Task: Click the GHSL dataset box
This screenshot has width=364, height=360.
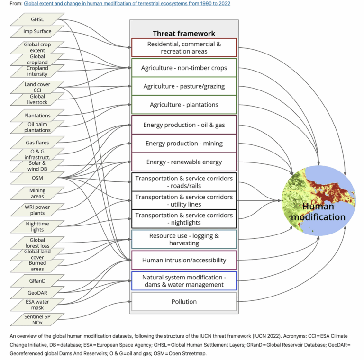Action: (37, 19)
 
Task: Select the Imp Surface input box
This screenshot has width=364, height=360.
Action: (37, 31)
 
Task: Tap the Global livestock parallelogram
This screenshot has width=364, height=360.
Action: (37, 99)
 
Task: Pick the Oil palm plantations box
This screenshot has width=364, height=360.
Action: (37, 127)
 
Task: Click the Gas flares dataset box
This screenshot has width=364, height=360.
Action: (37, 142)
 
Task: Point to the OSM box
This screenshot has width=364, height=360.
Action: (37, 178)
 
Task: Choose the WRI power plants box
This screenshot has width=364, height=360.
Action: (37, 209)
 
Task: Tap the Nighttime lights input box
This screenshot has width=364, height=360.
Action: (37, 226)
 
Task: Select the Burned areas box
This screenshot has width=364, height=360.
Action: (37, 266)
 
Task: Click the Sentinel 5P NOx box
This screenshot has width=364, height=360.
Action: (37, 319)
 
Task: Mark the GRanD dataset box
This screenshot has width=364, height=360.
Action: (37, 281)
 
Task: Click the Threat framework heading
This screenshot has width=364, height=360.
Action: (184, 33)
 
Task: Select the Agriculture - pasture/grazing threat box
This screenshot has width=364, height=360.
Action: (184, 86)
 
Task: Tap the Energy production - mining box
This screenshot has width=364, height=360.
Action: (184, 143)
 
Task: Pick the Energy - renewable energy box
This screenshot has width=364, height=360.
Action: (184, 162)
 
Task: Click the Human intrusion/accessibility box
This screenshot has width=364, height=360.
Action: (184, 260)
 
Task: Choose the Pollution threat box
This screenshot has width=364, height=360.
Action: (184, 302)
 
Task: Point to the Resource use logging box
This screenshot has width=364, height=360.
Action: (184, 239)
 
